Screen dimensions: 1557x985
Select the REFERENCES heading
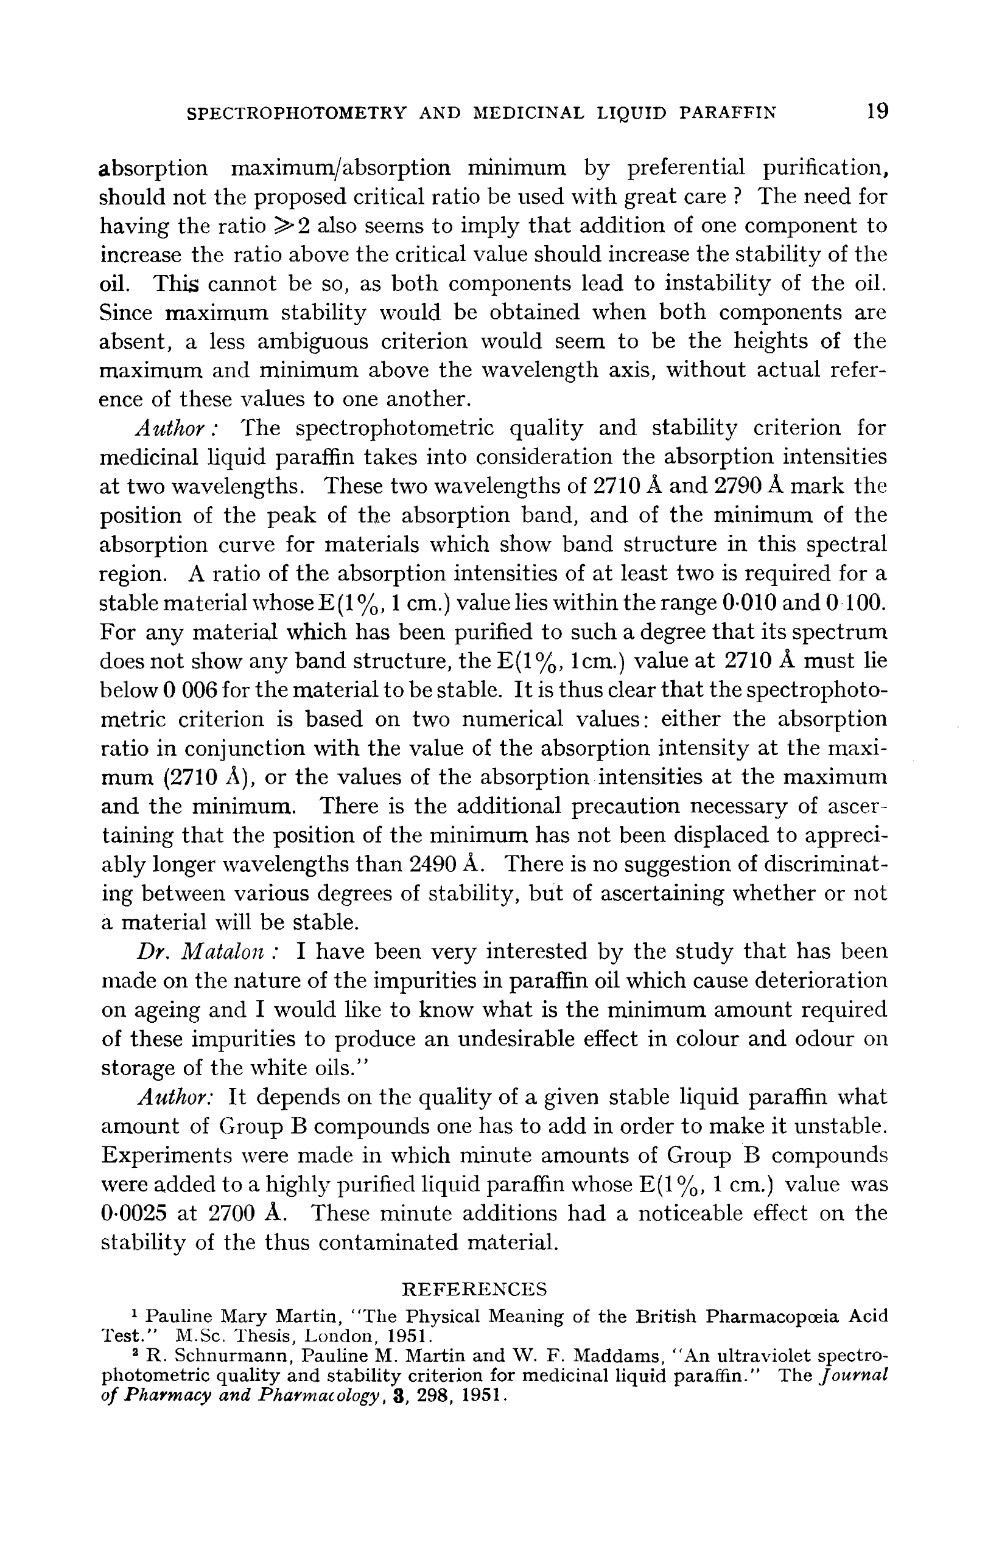[x=474, y=1289]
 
